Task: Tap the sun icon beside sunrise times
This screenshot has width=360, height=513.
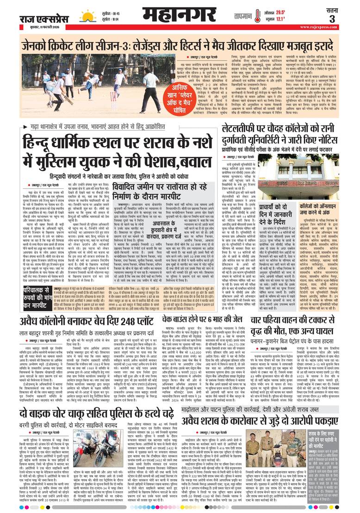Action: pyautogui.click(x=87, y=16)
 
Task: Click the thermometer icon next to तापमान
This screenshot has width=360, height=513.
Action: pyautogui.click(x=258, y=16)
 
